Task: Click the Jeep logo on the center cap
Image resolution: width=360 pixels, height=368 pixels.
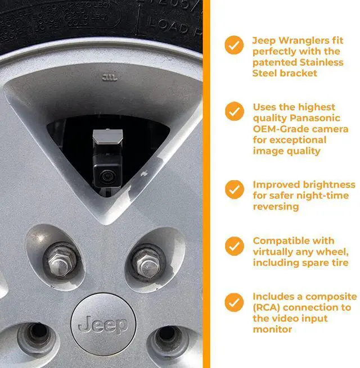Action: [x=103, y=324]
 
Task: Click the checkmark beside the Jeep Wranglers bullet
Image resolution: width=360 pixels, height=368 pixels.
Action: [x=234, y=44]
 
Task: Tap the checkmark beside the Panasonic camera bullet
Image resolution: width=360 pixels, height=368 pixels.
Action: [x=234, y=111]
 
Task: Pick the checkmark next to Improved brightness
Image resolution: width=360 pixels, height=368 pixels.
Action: [x=234, y=189]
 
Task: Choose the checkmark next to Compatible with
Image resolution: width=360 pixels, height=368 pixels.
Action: [x=234, y=246]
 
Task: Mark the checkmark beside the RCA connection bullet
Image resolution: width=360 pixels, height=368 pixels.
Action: [x=234, y=302]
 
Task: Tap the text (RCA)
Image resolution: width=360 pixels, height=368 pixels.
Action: [x=267, y=308]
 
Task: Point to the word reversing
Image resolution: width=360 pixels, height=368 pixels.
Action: [x=276, y=207]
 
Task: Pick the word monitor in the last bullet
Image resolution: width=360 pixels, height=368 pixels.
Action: [x=272, y=330]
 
